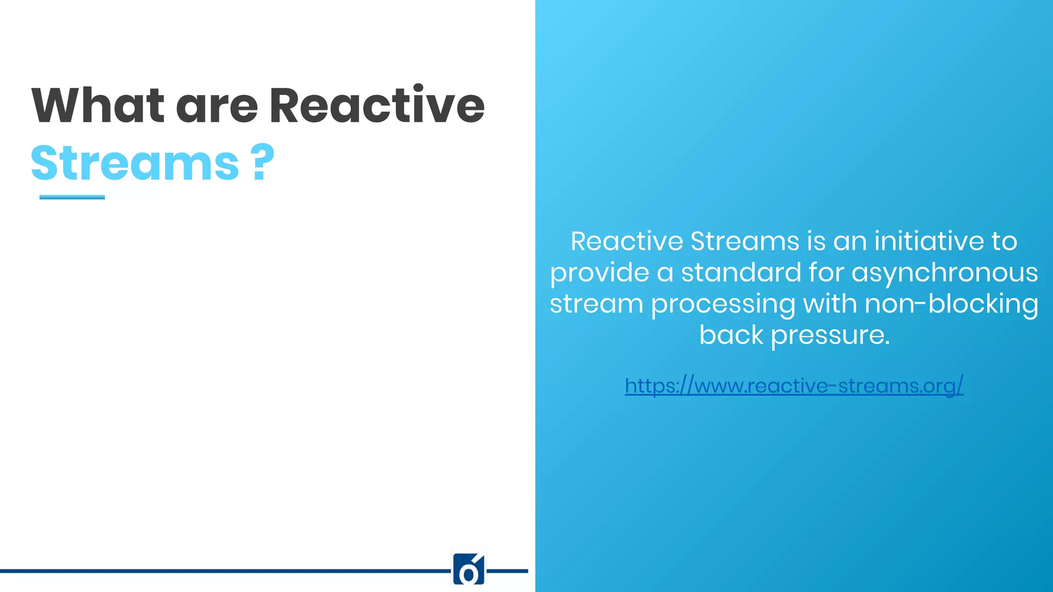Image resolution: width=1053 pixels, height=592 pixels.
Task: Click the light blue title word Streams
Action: pyautogui.click(x=135, y=163)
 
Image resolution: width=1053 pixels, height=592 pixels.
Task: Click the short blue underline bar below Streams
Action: pyautogui.click(x=72, y=197)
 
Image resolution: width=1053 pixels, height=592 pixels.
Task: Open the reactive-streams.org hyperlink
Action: pyautogui.click(x=794, y=385)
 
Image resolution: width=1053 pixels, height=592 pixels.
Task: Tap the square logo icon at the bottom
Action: pyautogui.click(x=468, y=569)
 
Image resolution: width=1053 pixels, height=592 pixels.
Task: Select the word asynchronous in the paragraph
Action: pyautogui.click(x=945, y=272)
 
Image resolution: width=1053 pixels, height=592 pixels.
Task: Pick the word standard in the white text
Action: pyautogui.click(x=741, y=272)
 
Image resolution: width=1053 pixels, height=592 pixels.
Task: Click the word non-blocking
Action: pyautogui.click(x=951, y=304)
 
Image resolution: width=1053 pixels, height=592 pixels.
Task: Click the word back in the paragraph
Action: pyautogui.click(x=731, y=335)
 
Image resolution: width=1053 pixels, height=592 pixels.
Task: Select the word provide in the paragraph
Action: pyautogui.click(x=600, y=273)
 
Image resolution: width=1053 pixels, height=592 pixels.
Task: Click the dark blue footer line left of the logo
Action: pyautogui.click(x=221, y=571)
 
